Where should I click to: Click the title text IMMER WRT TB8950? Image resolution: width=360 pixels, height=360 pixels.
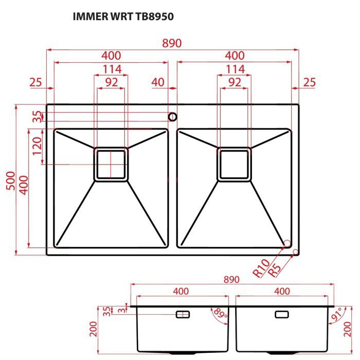124,16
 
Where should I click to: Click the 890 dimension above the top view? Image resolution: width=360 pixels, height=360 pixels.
172,43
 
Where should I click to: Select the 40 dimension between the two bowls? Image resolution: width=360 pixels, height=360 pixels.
158,82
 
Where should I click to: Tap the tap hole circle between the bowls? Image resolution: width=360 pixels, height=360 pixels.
172,116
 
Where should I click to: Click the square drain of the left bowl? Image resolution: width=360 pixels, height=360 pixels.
111,164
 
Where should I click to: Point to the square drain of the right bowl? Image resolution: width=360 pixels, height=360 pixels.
235,164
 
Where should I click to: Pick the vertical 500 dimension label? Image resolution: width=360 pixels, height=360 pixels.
10,181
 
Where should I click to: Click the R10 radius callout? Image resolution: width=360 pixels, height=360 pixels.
261,268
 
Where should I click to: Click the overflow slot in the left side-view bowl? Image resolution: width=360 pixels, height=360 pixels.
183,314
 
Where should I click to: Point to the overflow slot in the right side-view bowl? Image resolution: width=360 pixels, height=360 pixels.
282,314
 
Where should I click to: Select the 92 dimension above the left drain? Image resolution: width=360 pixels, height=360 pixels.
111,82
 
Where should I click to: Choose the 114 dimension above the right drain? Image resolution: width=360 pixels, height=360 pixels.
235,69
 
